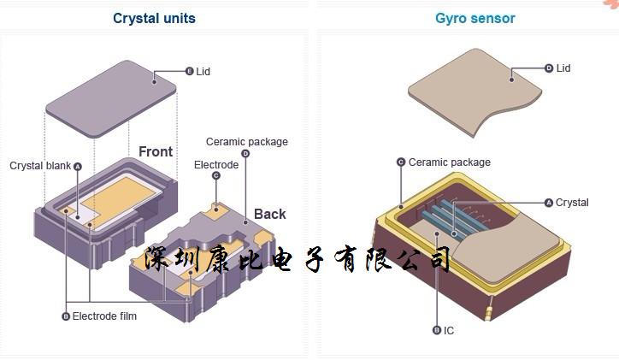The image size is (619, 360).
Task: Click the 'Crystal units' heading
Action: tap(154, 18)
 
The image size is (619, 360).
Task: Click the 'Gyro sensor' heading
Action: tap(475, 18)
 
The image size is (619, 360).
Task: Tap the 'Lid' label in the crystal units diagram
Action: tap(203, 72)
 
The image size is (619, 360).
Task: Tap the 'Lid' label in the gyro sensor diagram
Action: tap(563, 68)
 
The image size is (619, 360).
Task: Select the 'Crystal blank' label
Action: tap(39, 166)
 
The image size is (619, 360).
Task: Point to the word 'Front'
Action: tap(156, 152)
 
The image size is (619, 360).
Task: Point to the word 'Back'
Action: tap(269, 214)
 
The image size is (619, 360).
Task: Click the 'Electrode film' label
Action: tap(104, 316)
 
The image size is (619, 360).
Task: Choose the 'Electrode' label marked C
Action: tap(216, 165)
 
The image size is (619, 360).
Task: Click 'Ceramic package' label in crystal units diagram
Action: tap(247, 142)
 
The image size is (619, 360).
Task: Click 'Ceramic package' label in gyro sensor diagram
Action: tap(449, 162)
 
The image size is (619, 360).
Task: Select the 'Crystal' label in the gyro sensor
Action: tap(572, 203)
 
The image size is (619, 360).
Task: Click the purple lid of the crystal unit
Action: tap(111, 94)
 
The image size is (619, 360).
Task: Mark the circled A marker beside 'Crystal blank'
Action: tap(78, 166)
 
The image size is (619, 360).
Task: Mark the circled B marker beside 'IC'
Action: tap(437, 330)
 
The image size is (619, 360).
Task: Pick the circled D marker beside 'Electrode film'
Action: tap(66, 316)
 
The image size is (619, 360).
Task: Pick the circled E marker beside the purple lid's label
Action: tap(189, 72)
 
